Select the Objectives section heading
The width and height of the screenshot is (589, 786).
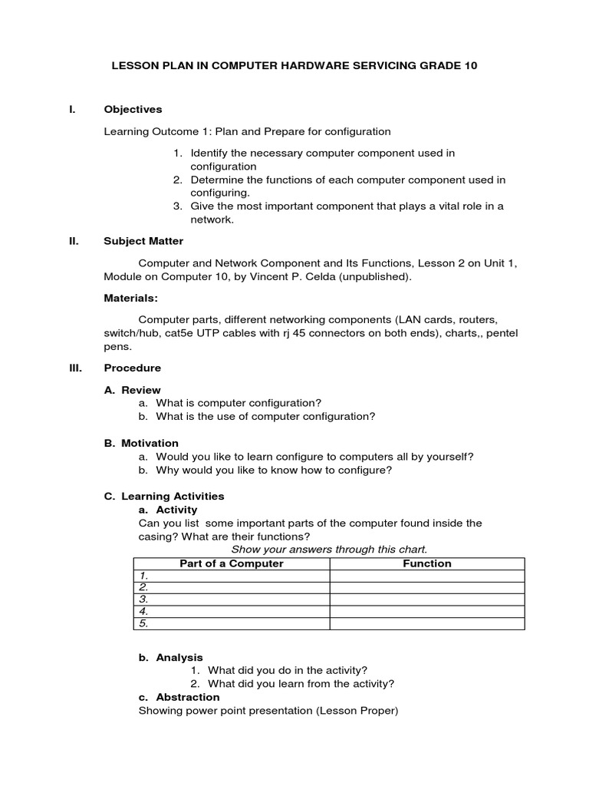pyautogui.click(x=133, y=110)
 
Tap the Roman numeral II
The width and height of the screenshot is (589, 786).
pyautogui.click(x=74, y=241)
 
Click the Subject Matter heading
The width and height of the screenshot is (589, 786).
pyautogui.click(x=143, y=241)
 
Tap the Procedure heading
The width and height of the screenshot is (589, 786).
pyautogui.click(x=133, y=368)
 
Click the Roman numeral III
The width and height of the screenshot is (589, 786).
pyautogui.click(x=75, y=368)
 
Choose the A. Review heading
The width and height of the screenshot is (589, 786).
pyautogui.click(x=132, y=390)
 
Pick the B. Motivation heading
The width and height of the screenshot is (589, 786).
pyautogui.click(x=141, y=443)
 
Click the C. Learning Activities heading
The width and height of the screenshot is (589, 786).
pyautogui.click(x=164, y=497)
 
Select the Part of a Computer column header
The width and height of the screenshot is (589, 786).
pyautogui.click(x=232, y=563)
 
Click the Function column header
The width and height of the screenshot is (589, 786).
pyautogui.click(x=427, y=563)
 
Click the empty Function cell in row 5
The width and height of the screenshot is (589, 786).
pyautogui.click(x=427, y=624)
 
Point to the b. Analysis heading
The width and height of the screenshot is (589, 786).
pyautogui.click(x=171, y=657)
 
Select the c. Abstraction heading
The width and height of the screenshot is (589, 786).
pyautogui.click(x=179, y=697)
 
